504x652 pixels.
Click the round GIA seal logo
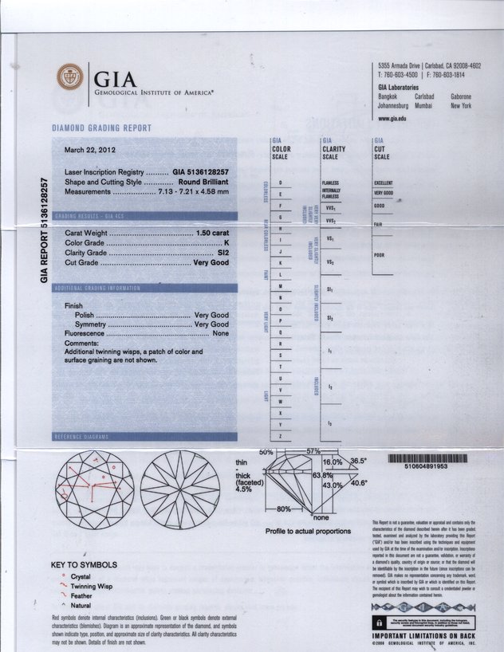(69, 77)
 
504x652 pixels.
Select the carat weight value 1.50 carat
(212, 233)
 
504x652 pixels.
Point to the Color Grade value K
(226, 242)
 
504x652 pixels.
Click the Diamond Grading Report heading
(101, 128)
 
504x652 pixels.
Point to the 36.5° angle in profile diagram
(358, 461)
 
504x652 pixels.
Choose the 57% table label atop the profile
(319, 452)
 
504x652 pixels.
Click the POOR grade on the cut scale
(379, 255)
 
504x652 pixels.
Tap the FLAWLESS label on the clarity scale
(330, 183)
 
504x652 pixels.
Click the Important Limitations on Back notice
(423, 636)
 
